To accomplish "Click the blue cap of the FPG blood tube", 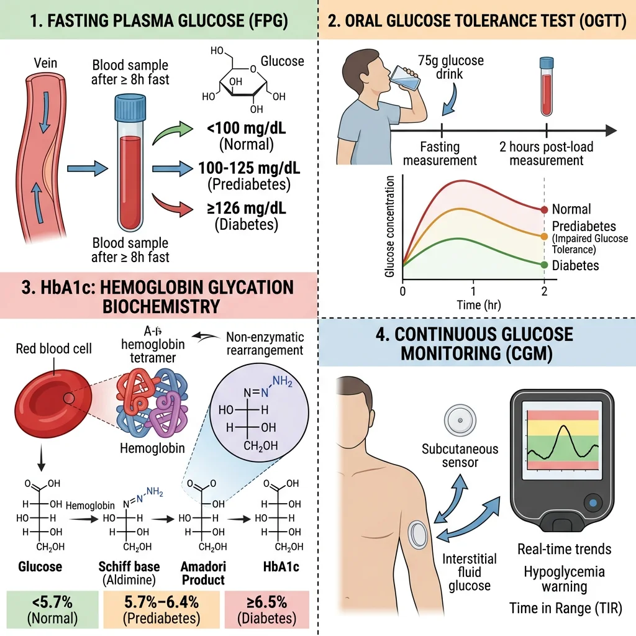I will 129,107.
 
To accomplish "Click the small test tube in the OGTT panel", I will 547,86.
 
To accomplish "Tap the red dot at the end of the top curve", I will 545,210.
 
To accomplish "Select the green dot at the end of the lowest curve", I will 545,265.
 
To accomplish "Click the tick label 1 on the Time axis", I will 473,291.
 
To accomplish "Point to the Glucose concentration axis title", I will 390,227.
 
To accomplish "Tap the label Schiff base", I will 129,566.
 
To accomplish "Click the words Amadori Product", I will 202,573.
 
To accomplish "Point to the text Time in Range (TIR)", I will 565,608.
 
